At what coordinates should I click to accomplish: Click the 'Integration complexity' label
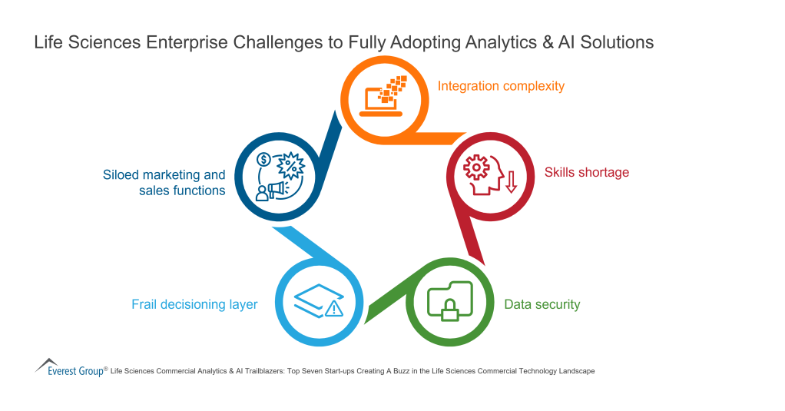(501, 86)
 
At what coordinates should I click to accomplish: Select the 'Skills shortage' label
(586, 172)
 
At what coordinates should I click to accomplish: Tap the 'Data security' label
(542, 304)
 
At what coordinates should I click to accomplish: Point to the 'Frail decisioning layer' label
(194, 304)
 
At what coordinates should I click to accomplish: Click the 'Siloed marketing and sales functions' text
(164, 183)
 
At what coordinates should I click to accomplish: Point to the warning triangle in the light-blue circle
(333, 309)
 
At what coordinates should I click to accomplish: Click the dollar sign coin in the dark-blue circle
(263, 161)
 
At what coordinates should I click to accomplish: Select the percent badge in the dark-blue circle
(291, 164)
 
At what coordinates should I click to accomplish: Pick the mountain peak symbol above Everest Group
(48, 362)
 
